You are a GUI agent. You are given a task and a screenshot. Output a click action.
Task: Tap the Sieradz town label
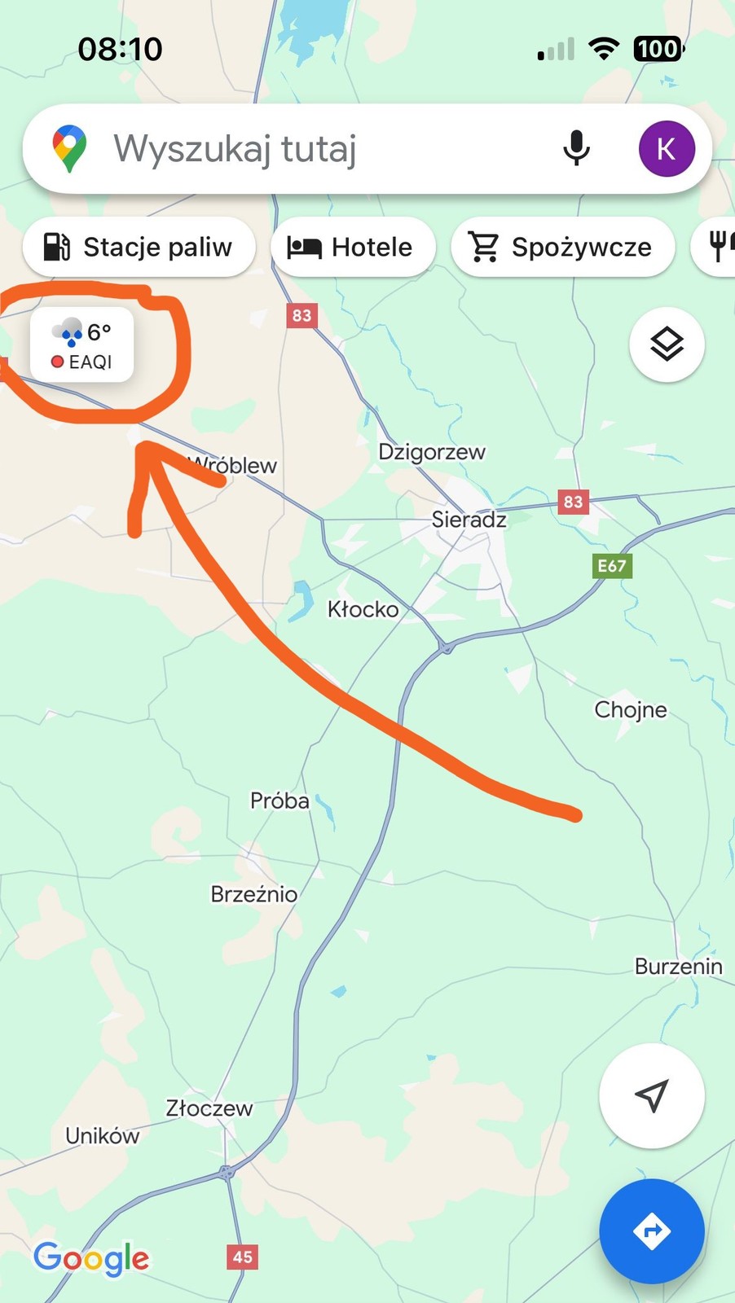click(x=469, y=519)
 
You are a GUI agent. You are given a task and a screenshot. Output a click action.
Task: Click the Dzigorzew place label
click(x=432, y=451)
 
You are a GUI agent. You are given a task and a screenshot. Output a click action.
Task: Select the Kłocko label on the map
click(x=363, y=608)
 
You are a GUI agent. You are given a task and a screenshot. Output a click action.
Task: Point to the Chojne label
click(x=631, y=709)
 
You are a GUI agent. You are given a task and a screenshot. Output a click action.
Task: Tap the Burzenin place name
click(x=678, y=966)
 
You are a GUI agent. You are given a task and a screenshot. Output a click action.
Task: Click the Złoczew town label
click(x=209, y=1108)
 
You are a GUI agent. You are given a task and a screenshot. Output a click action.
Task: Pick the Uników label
click(x=102, y=1135)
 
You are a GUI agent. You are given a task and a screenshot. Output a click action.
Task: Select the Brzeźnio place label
click(x=253, y=893)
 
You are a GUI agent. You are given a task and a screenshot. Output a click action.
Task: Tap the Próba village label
click(x=279, y=801)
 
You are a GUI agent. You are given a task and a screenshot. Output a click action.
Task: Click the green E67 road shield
click(x=612, y=566)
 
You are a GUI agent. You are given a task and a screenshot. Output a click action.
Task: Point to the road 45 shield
click(x=243, y=1256)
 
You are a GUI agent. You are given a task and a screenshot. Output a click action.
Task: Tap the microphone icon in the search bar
click(x=576, y=148)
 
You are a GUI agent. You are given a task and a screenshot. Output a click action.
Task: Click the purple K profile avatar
click(x=666, y=149)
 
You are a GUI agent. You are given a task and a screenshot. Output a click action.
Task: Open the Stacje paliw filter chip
click(x=139, y=247)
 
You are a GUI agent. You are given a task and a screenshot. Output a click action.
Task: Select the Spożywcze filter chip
click(x=562, y=247)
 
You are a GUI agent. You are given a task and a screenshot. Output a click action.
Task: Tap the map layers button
click(x=667, y=344)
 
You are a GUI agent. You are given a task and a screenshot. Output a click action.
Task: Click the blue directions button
click(x=651, y=1231)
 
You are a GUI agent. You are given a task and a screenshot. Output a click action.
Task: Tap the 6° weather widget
click(x=81, y=344)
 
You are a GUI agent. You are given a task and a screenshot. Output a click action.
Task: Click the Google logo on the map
click(x=91, y=1259)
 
